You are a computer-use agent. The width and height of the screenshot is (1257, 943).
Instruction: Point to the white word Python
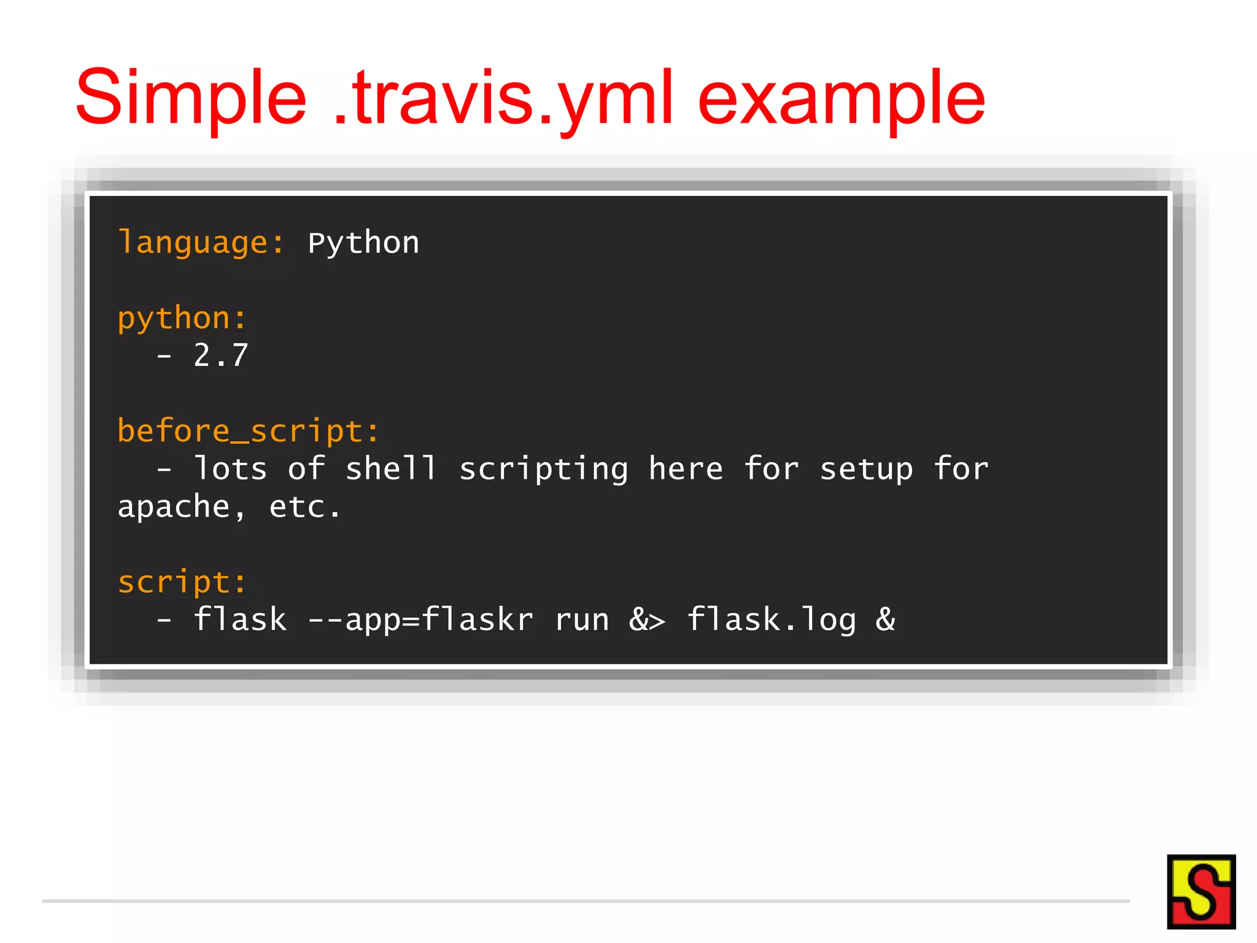coord(363,243)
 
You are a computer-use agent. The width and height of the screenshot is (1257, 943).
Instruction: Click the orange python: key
coord(182,319)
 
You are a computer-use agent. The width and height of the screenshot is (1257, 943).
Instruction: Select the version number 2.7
coord(220,355)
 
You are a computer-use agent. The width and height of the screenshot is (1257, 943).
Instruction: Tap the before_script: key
coord(249,431)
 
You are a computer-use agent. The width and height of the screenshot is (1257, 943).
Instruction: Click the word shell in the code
coord(391,469)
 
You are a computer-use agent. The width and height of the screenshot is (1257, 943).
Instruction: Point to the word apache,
coord(182,507)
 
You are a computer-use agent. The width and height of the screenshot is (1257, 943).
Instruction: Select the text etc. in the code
coord(304,507)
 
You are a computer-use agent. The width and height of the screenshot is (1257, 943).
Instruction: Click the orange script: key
coord(182,582)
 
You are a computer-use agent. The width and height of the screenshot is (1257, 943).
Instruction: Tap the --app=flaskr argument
coord(420,620)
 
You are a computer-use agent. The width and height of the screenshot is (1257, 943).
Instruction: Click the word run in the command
coord(581,620)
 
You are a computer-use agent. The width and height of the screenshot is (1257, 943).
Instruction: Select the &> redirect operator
coord(647,620)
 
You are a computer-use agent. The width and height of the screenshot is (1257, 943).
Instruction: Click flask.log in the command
coord(771,620)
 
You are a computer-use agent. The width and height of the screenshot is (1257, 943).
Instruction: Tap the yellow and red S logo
coord(1201,891)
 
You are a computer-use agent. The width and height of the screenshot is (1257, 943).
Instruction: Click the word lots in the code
coord(230,469)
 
